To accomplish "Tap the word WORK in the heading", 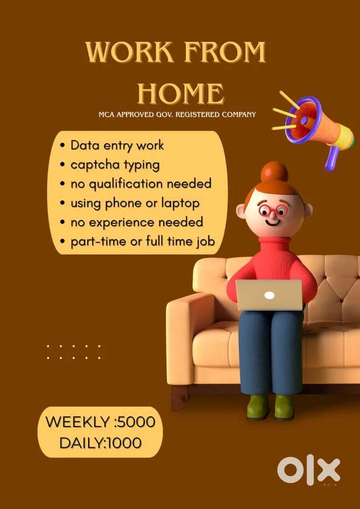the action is pyautogui.click(x=130, y=52).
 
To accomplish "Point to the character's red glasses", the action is pyautogui.click(x=273, y=210).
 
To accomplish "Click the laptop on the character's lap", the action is pyautogui.click(x=269, y=295).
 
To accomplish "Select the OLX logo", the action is pyautogui.click(x=308, y=470).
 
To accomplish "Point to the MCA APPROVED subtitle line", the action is pyautogui.click(x=177, y=115).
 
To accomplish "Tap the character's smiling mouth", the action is pyautogui.click(x=273, y=223).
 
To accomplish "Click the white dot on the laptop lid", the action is pyautogui.click(x=269, y=295).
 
